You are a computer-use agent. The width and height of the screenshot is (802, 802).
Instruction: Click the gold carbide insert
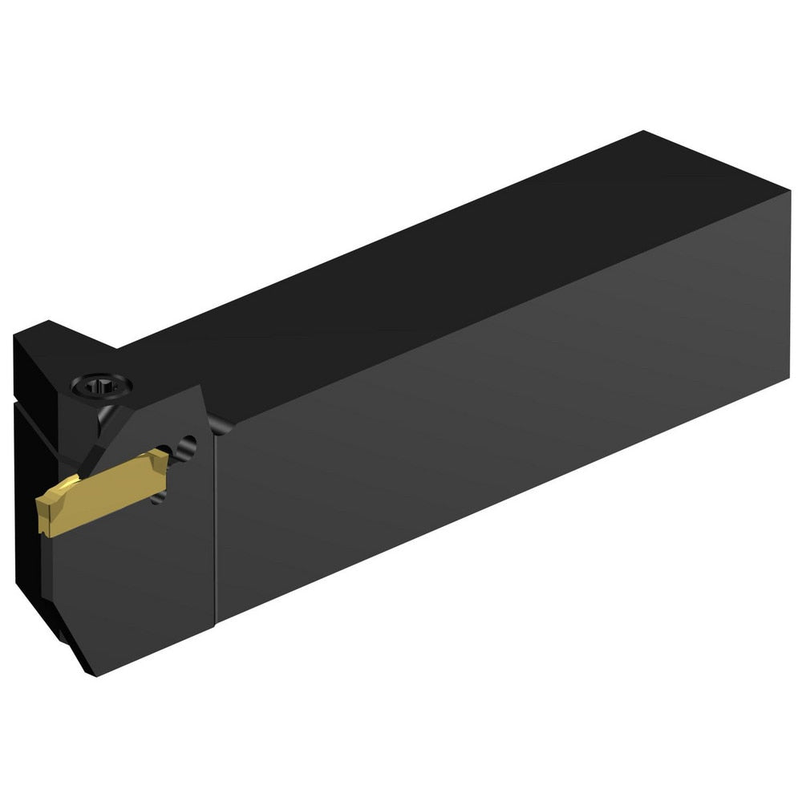click(104, 493)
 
